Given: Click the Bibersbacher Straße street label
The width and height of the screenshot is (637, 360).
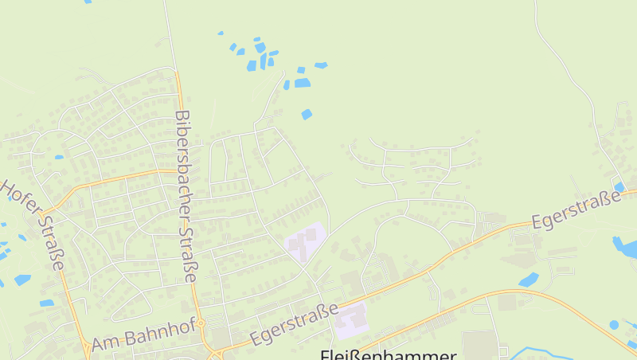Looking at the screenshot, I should click(185, 197).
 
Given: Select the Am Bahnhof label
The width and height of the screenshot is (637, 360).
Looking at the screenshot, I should click(143, 333).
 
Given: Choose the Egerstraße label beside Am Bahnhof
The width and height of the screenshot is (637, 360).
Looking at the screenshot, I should click(294, 323).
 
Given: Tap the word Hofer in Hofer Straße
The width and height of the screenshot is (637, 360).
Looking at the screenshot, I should click(18, 199).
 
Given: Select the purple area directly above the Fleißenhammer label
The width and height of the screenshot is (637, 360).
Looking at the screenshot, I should click(352, 319).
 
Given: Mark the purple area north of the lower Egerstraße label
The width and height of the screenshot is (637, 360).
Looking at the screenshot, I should click(305, 241).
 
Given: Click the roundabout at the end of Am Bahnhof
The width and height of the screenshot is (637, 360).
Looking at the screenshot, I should click(201, 323).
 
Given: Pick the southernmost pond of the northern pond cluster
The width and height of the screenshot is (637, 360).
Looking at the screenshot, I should click(307, 115).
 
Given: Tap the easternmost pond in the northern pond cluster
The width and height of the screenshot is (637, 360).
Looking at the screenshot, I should click(321, 65).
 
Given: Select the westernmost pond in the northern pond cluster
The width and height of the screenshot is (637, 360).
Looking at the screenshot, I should click(221, 33).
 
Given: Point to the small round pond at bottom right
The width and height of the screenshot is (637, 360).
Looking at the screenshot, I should click(613, 324).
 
